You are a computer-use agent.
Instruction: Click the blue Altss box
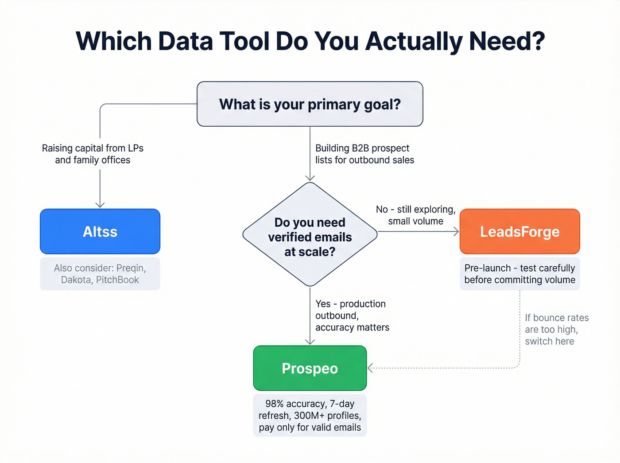tap(100, 231)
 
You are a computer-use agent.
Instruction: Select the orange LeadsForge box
tap(519, 231)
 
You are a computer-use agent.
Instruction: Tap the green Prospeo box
tap(310, 368)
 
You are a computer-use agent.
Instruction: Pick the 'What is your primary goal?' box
tap(310, 104)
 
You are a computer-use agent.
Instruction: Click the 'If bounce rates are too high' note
tap(556, 329)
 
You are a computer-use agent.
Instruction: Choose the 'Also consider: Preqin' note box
tap(100, 274)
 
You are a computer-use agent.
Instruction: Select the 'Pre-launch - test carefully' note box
tap(519, 274)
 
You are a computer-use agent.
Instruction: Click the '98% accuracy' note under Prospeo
tap(310, 415)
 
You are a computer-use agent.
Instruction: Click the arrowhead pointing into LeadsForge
tap(456, 231)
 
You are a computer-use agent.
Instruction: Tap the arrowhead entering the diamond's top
tap(310, 178)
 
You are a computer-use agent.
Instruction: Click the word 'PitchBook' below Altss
tap(117, 280)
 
